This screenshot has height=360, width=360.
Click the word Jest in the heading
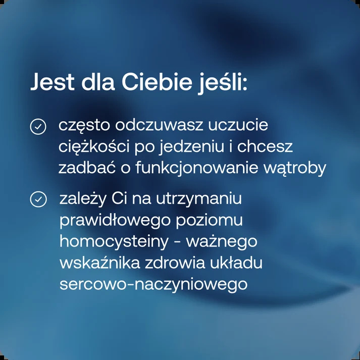tap(53, 82)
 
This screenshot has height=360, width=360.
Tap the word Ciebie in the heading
tap(157, 81)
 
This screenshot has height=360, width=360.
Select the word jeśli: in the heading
tap(223, 83)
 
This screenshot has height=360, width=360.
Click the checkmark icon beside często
tap(38, 127)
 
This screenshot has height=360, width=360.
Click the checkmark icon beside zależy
tap(38, 199)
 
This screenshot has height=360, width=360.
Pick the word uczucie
tap(238, 125)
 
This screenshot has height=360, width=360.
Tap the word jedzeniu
tap(192, 147)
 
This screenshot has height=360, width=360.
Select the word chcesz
tap(265, 146)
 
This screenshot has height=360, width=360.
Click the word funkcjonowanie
tap(197, 168)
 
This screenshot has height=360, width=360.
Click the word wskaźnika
tap(100, 263)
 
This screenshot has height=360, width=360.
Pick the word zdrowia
tap(175, 263)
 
